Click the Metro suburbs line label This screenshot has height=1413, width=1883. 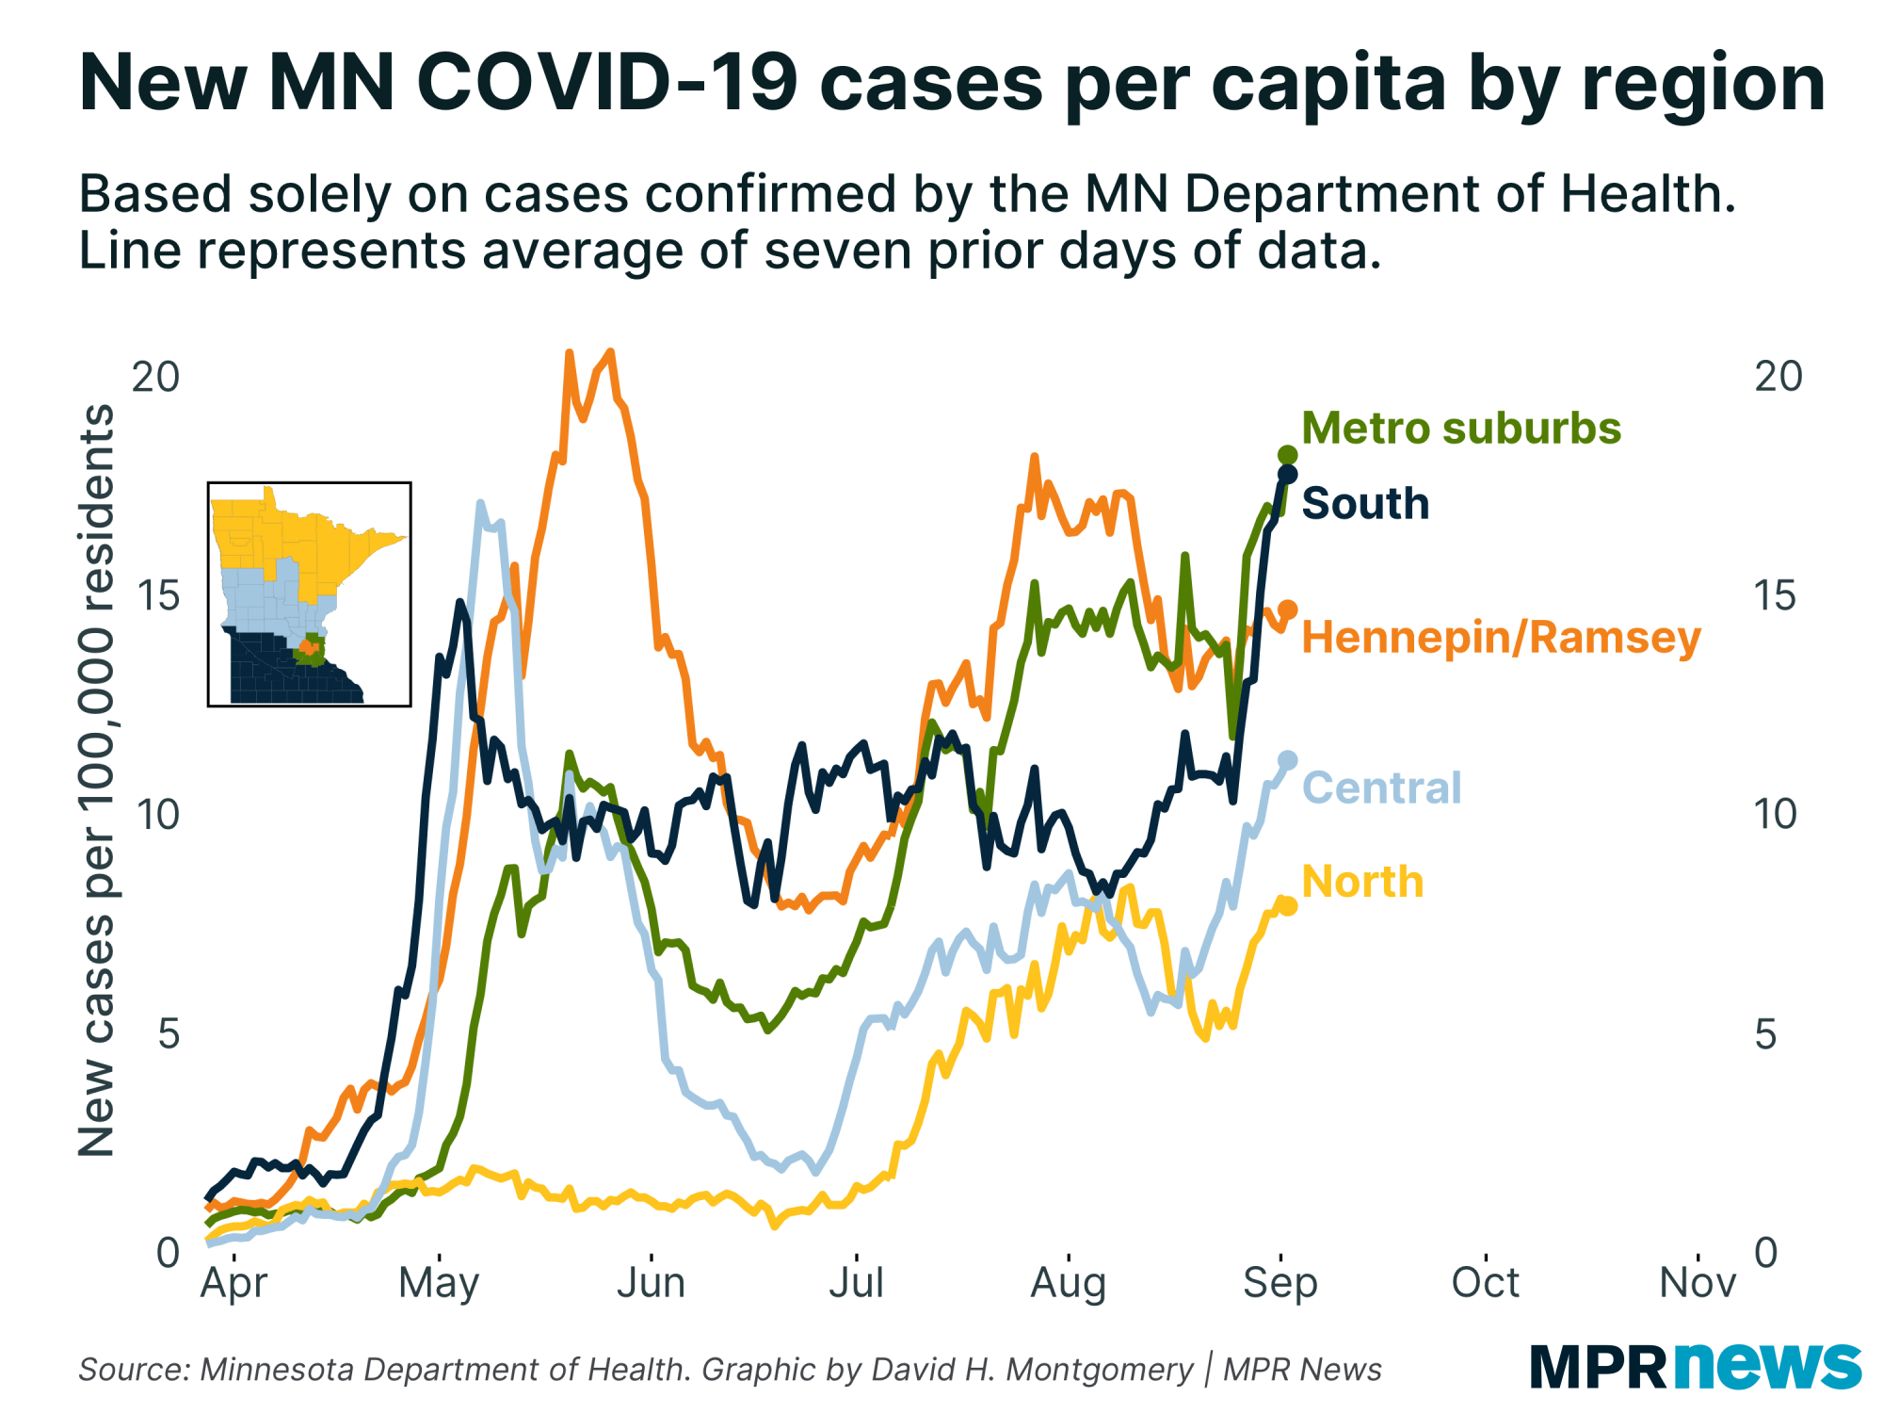click(x=1460, y=429)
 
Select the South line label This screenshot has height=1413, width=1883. click(x=1364, y=503)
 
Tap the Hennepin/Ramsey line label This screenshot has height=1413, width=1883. click(x=1501, y=638)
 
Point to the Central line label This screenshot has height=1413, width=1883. click(x=1381, y=788)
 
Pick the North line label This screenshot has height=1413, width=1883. click(x=1361, y=882)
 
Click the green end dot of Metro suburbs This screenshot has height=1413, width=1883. click(x=1287, y=456)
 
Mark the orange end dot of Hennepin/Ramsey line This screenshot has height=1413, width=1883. click(x=1287, y=610)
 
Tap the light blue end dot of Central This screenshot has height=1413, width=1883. click(x=1287, y=760)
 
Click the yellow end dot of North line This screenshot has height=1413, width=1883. click(x=1287, y=906)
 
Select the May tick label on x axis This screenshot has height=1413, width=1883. click(x=439, y=1283)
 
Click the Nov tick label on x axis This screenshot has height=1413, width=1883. click(x=1697, y=1283)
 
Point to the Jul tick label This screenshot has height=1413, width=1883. click(x=856, y=1283)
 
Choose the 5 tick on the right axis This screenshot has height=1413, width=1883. click(x=1778, y=1034)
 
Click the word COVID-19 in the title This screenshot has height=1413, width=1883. click(x=606, y=83)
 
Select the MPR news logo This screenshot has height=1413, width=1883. click(x=1695, y=1366)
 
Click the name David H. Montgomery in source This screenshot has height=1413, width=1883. click(x=1032, y=1370)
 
